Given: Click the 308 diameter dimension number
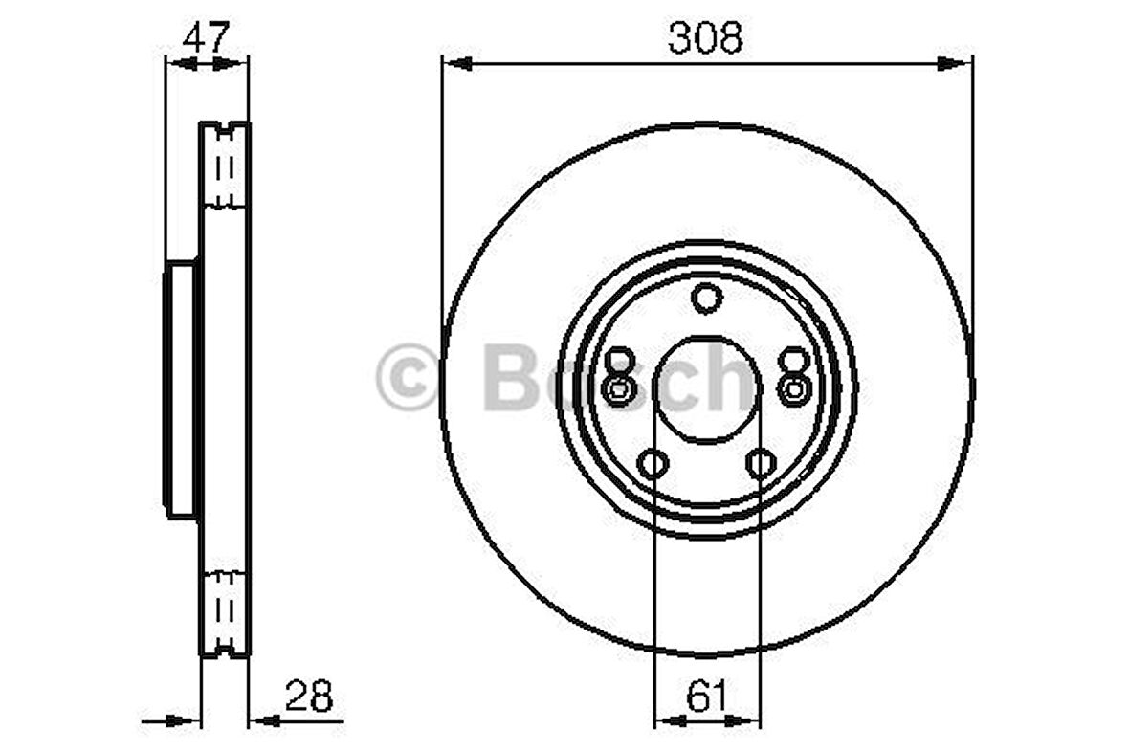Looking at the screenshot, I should coord(706,38).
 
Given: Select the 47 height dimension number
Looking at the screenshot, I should coord(206,38).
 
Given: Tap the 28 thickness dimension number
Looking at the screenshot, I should coord(308,697).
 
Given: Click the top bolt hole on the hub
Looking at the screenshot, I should coord(706,299).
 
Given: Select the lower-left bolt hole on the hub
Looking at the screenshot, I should coord(652,466).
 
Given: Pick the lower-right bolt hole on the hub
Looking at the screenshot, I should coord(761,466).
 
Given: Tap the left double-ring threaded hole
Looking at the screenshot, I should coord(619,388).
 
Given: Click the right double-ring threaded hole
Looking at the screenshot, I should coord(793,388).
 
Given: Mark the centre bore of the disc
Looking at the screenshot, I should coord(706,390).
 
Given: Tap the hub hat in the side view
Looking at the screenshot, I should coord(181,390).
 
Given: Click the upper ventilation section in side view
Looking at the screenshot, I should coord(225,168).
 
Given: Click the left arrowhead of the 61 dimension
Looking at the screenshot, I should coord(665,719).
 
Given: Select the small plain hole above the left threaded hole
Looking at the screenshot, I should coord(619,359).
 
